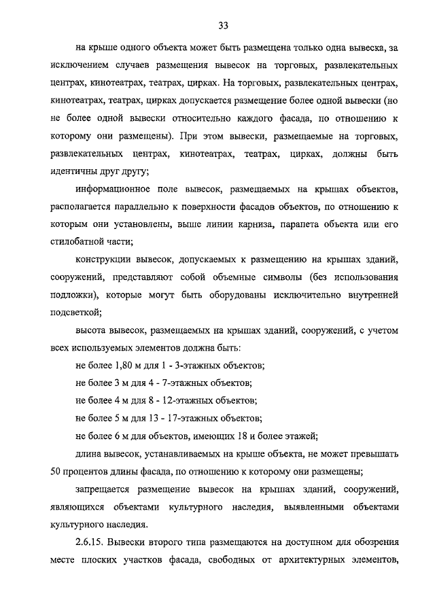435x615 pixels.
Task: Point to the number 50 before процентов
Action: click(x=56, y=472)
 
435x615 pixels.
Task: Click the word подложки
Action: click(x=75, y=294)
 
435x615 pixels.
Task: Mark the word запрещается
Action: click(x=106, y=489)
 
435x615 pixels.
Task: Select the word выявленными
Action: click(x=309, y=507)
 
